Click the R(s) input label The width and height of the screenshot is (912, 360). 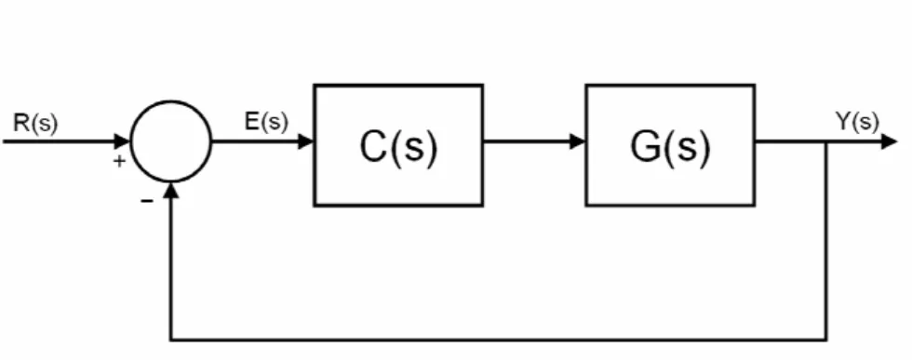coord(35,124)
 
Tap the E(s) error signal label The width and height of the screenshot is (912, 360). coord(266,122)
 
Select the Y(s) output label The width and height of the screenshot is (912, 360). coord(857,122)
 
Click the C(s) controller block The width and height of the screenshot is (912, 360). coord(398,145)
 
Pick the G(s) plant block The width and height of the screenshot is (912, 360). coord(670,145)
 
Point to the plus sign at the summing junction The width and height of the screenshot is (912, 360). coord(119,161)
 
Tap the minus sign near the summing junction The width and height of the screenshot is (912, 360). coord(147,201)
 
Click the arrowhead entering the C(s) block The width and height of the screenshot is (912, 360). coord(305,141)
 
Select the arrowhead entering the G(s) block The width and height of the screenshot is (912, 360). coord(578,141)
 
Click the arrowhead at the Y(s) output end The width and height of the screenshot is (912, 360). coord(890,141)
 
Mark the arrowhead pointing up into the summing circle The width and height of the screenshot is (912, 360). coord(171,190)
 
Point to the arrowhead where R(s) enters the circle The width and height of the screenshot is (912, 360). coord(123,141)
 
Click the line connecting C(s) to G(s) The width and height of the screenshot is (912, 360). coord(527,141)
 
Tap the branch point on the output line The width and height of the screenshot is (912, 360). coord(826,141)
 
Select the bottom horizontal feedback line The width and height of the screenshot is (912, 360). coord(499,339)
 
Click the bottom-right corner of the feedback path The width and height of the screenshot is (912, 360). coord(826,339)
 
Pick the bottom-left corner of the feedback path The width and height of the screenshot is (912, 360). coord(171,339)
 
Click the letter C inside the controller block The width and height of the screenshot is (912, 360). coord(373,146)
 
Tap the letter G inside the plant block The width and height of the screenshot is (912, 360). coord(644,146)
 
